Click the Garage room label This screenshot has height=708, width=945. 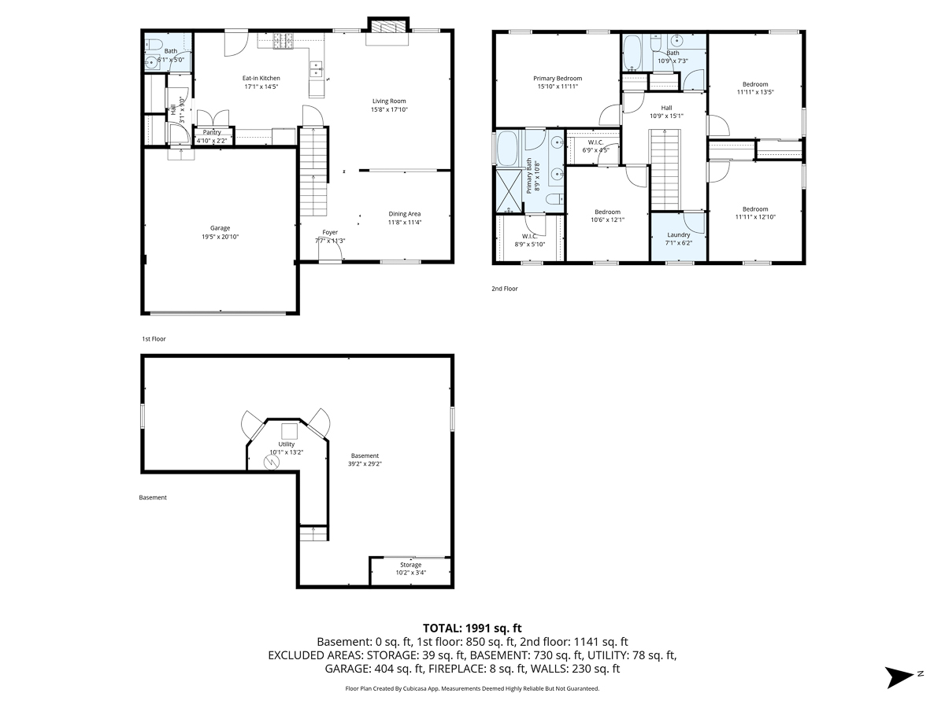pos(220,228)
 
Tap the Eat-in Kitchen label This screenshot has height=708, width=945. pos(261,78)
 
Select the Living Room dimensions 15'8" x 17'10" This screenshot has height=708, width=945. pos(389,109)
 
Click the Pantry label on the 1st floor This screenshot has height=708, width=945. pos(212,132)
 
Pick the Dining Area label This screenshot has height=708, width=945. pos(404,214)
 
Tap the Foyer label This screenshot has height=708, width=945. pos(330,232)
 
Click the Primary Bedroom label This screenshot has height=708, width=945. pos(558,78)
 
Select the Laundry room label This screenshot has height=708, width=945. pos(679,234)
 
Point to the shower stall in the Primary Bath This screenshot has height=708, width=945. pos(509,191)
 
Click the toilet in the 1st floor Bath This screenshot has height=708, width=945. pos(153,44)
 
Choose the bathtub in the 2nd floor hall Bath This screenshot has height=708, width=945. pos(632,53)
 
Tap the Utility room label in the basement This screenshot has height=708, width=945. pos(287,444)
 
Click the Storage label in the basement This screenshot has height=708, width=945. pos(410,565)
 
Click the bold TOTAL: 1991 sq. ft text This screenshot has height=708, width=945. pos(472,628)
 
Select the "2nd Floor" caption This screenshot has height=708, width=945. pos(505,289)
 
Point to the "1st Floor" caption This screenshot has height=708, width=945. pos(154,339)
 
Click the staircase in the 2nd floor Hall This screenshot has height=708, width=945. pos(665,170)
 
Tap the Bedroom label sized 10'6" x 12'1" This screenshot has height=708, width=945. pos(607,212)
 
